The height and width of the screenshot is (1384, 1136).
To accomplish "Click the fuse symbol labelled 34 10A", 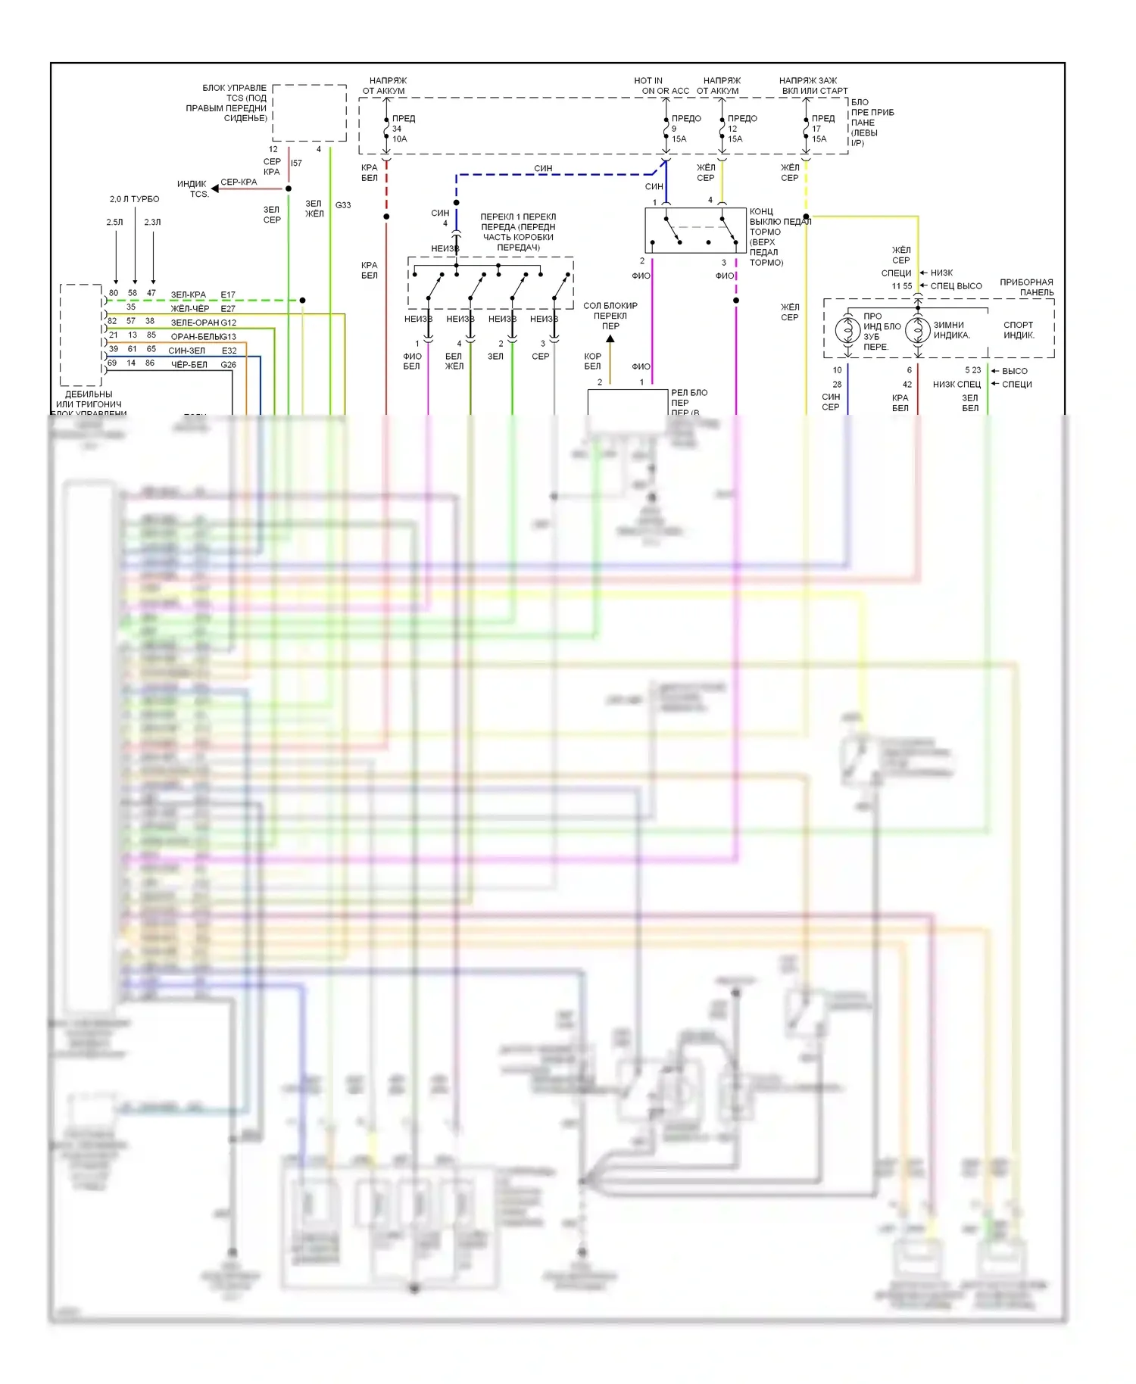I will (386, 129).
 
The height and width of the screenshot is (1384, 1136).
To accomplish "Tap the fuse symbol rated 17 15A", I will (806, 129).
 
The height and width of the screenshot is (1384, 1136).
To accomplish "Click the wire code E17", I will (228, 295).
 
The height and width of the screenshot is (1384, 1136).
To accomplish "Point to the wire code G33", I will (343, 205).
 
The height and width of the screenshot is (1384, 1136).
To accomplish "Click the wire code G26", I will (228, 364).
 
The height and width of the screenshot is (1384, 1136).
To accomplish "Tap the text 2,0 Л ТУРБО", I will (134, 199).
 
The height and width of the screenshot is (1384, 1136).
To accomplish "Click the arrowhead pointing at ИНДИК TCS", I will (215, 189).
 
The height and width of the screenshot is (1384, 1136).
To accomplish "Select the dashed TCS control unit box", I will (309, 113).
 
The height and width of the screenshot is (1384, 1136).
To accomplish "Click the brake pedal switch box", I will (695, 230).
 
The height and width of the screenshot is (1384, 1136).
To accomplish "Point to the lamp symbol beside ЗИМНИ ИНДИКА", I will (918, 330).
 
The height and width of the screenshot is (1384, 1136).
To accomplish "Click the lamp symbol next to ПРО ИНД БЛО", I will (847, 330).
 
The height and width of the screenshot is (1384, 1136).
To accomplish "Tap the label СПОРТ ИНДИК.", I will (1018, 330).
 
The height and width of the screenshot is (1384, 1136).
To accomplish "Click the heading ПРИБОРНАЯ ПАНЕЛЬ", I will (1026, 287).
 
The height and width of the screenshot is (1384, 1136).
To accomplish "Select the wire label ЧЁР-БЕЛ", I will (189, 364).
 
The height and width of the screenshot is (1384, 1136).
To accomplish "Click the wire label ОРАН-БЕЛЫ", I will (194, 336).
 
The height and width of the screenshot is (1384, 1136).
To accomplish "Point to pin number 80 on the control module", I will (114, 293).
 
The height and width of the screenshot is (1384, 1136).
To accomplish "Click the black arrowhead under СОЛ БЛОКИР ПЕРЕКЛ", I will (610, 338).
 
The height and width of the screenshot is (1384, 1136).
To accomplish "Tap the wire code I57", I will (296, 163).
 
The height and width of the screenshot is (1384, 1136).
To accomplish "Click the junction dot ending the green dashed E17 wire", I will (302, 301).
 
